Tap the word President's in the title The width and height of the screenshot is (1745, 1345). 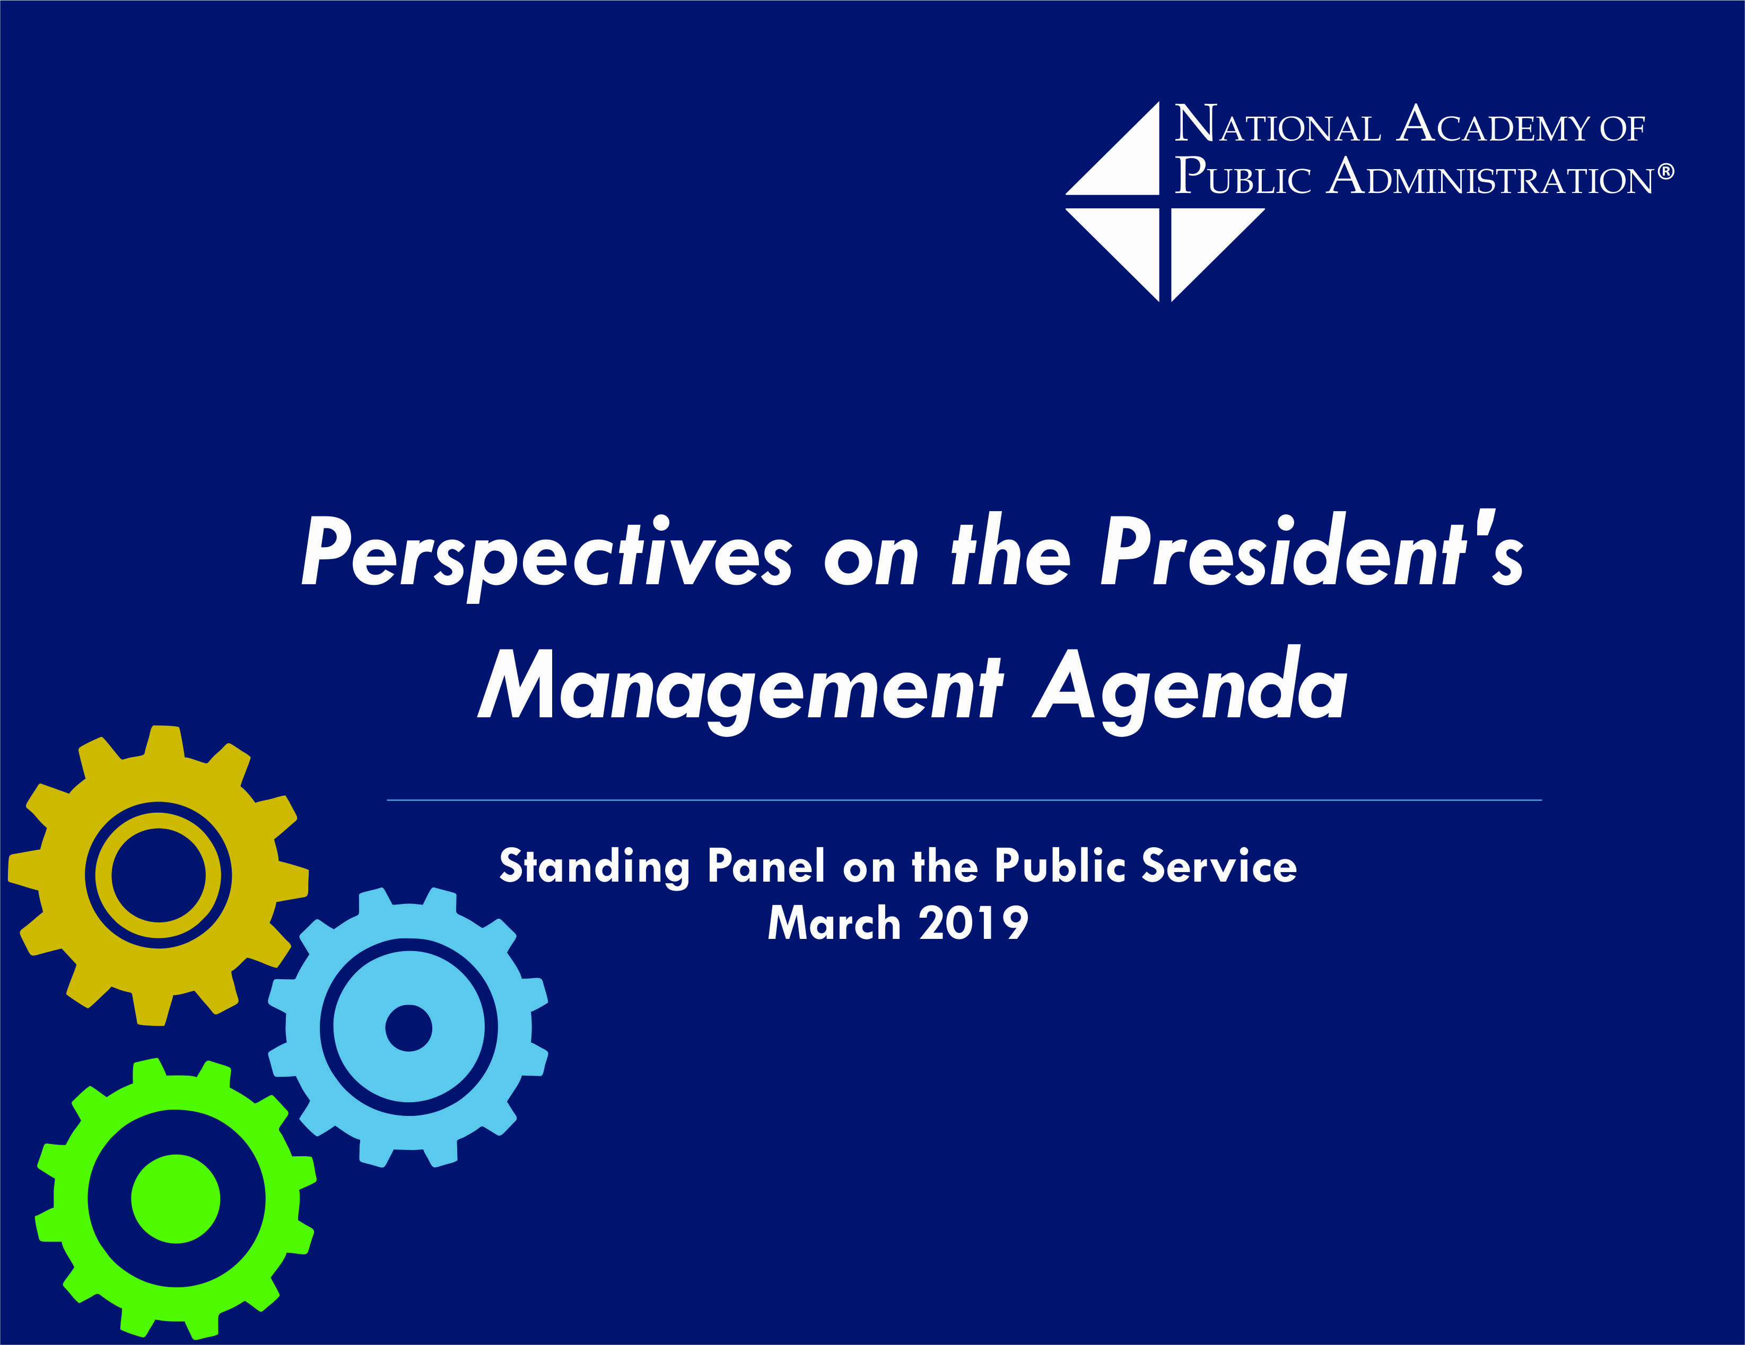pos(1311,553)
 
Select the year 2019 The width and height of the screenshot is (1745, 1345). pos(973,924)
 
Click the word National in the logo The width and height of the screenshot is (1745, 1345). pos(1277,126)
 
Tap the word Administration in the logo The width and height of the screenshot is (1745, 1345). pos(1490,177)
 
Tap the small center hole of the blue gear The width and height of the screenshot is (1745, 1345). pos(408,1028)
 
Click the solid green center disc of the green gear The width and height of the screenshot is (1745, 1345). pos(175,1198)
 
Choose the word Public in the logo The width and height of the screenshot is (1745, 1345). pos(1242,177)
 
